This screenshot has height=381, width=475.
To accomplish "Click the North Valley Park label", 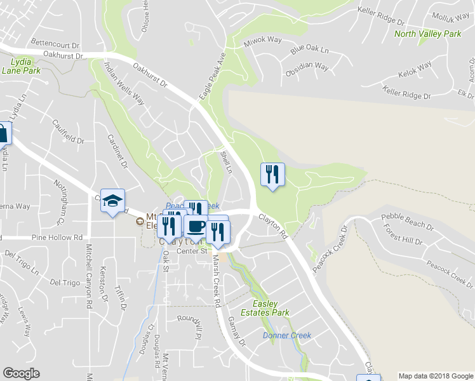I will click(427, 34).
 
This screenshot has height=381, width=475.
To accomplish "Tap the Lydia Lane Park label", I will click(25, 67).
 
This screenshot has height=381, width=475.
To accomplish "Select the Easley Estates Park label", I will click(269, 308).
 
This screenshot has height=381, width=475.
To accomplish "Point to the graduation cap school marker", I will click(112, 201).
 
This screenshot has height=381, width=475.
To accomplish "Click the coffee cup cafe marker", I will click(196, 226).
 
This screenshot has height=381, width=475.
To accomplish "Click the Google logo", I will click(22, 373).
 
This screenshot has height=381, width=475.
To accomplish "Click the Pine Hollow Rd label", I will click(62, 237).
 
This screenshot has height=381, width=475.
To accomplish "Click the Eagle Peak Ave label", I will click(213, 75).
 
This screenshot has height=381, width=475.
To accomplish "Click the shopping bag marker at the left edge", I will click(3, 135).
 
